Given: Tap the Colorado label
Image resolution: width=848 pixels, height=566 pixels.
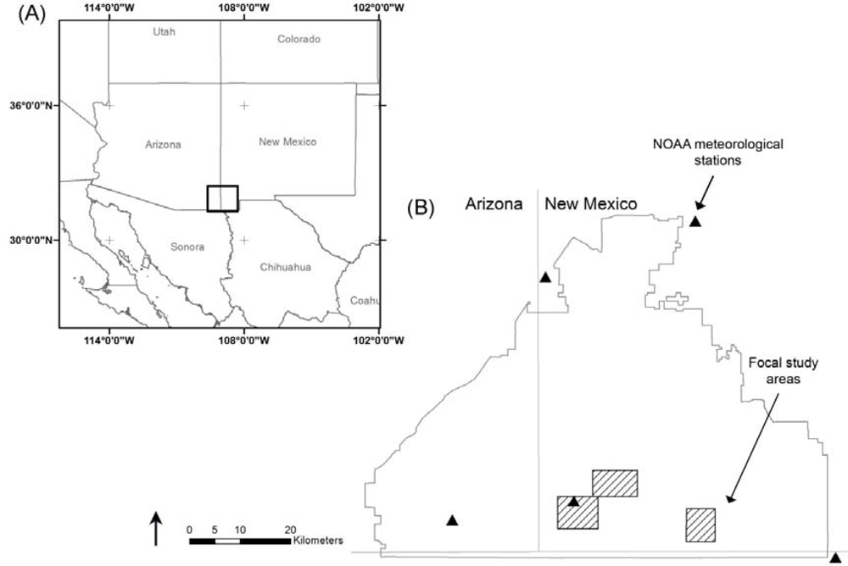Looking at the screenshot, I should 299,39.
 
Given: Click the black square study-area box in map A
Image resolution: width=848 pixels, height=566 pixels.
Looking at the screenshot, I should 223,198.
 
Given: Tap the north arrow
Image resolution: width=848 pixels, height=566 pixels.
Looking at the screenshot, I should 156,528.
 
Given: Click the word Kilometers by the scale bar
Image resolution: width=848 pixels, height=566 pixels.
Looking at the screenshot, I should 318,540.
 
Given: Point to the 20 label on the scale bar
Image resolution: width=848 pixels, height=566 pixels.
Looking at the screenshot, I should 291,529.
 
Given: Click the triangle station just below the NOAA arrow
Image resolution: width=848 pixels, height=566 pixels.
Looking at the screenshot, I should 695,221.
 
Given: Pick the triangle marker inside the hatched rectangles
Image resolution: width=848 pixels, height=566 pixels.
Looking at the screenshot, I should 573,502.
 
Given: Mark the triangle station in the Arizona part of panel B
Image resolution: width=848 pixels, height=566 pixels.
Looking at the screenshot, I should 452,520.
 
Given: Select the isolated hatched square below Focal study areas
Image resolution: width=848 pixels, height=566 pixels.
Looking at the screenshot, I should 700,524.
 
